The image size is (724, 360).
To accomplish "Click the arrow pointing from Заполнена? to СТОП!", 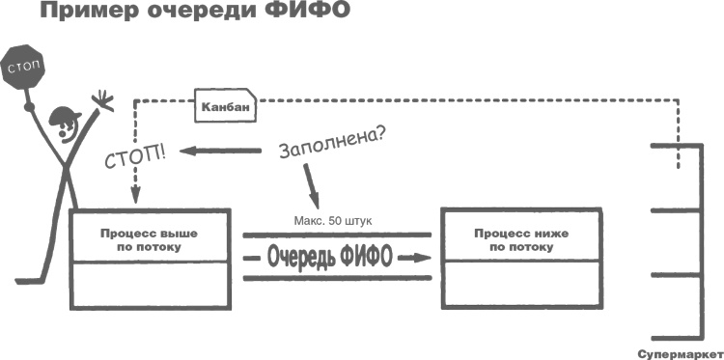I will coord(223,151).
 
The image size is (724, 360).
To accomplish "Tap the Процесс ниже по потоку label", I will coord(517,239).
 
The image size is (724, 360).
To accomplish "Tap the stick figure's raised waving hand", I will coord(100,99).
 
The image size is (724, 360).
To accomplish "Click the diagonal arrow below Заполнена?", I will coord(310,183).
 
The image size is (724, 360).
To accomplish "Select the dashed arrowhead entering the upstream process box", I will coord(135,199).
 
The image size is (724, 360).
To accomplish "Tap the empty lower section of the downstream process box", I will coord(517,286).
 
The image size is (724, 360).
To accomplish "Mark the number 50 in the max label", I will coord(336,221).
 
